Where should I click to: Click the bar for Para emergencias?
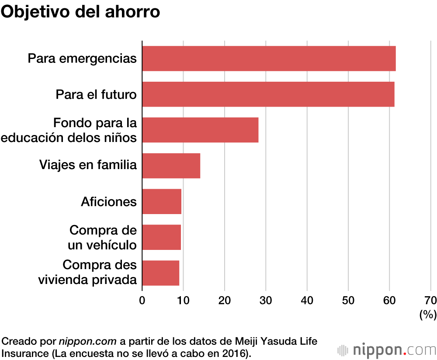click(x=269, y=59)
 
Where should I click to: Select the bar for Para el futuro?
click(x=268, y=94)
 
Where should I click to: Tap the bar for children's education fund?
click(x=200, y=130)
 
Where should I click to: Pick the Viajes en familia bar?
click(x=171, y=166)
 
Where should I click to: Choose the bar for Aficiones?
click(x=162, y=201)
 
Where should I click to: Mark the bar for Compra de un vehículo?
click(x=161, y=237)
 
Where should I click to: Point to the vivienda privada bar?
click(x=160, y=273)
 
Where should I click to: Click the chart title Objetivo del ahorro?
click(x=80, y=12)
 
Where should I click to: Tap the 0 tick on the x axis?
click(x=142, y=300)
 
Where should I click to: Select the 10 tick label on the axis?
click(x=183, y=300)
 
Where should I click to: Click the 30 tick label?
click(x=266, y=300)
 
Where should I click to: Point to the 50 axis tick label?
click(x=348, y=300)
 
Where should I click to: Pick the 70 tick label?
click(x=430, y=300)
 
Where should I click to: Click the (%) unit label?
click(x=428, y=314)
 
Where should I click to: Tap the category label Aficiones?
click(x=109, y=202)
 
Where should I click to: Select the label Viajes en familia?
click(x=88, y=165)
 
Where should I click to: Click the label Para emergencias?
click(x=82, y=59)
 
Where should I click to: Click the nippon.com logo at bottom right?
click(x=387, y=350)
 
